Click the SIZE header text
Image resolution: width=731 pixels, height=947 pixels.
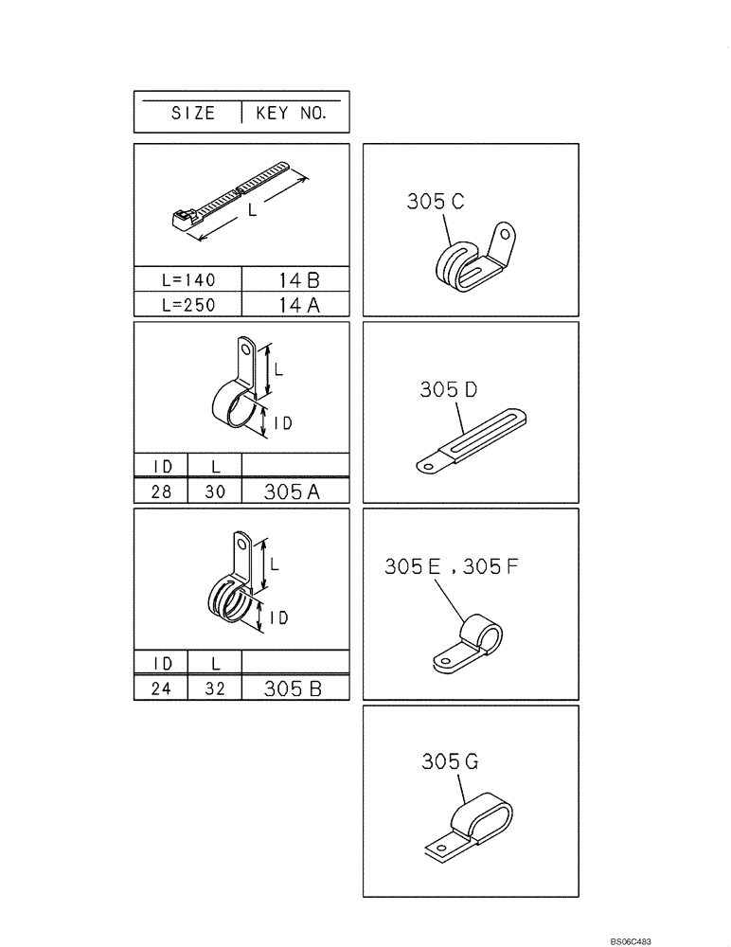pyautogui.click(x=192, y=113)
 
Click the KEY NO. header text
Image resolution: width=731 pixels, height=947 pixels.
pyautogui.click(x=291, y=113)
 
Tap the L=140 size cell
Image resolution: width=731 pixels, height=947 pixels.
pyautogui.click(x=189, y=280)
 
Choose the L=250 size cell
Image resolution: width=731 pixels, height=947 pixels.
pyautogui.click(x=189, y=305)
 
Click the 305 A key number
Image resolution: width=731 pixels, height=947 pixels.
pyautogui.click(x=294, y=491)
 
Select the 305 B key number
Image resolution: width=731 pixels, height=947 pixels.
pyautogui.click(x=294, y=688)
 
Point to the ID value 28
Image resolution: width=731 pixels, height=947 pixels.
pyautogui.click(x=162, y=491)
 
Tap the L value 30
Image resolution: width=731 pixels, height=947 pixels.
pyautogui.click(x=215, y=491)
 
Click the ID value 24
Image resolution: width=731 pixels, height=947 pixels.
pyautogui.click(x=162, y=688)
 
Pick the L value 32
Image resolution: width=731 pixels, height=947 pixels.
pyautogui.click(x=215, y=688)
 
